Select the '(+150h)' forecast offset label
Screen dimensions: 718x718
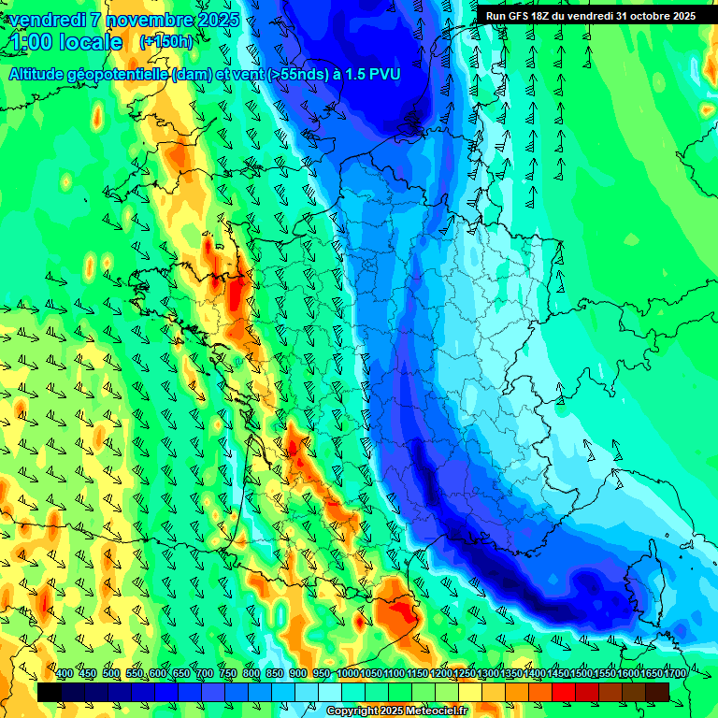tap(166, 41)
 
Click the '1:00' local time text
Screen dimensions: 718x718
tap(31, 42)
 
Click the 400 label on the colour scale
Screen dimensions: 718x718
tap(65, 674)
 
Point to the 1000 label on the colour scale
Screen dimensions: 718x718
tap(348, 674)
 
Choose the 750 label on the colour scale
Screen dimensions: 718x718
tap(228, 674)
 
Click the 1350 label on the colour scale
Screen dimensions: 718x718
tap(511, 674)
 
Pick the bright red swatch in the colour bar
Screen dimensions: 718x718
tap(564, 691)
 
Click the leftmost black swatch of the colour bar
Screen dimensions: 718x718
tap(50, 691)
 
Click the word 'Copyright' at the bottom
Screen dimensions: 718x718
tap(352, 711)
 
